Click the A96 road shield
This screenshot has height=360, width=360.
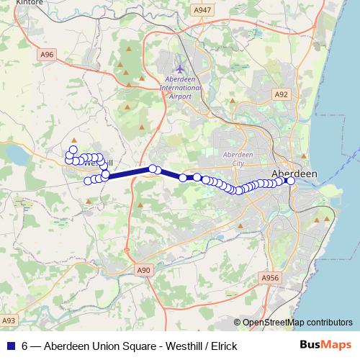click(x=47, y=54)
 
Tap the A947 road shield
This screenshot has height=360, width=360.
click(x=203, y=9)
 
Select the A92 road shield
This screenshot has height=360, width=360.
click(x=281, y=94)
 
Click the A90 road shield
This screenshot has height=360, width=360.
click(x=145, y=270)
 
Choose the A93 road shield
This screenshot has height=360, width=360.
click(x=9, y=320)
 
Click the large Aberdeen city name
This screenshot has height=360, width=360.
click(x=294, y=174)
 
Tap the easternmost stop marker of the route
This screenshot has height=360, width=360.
click(x=291, y=181)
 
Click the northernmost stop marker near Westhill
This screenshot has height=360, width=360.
click(x=73, y=149)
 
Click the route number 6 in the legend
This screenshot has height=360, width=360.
click(x=24, y=346)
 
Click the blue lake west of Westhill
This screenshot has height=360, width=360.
click(x=14, y=153)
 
